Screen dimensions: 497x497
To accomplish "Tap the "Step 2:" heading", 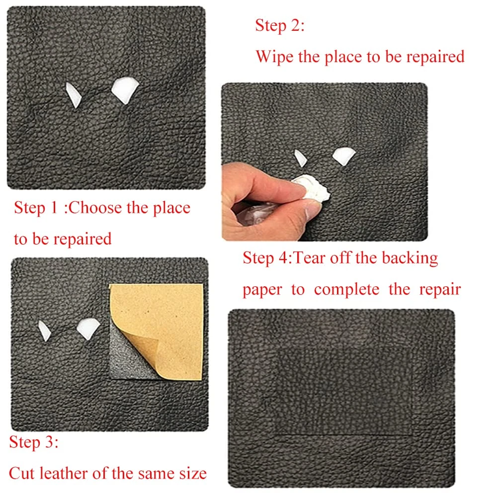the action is tap(279, 25).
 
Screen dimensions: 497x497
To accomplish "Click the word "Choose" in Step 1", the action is tap(95, 208).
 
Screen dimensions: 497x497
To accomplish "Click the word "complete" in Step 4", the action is tap(346, 289).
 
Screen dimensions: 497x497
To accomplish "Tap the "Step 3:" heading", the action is tap(34, 442).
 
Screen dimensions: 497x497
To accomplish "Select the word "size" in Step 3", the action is tap(193, 474).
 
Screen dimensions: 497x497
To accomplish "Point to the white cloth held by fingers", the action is tap(312, 188).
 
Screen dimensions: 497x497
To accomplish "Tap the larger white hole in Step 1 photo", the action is tap(125, 89).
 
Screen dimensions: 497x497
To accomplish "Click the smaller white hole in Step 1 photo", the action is tap(74, 95).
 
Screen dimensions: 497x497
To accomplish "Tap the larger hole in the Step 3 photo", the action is tap(88, 329).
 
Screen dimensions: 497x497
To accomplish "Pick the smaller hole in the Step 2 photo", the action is tap(300, 158).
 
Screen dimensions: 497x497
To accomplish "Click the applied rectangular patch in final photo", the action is tap(345, 392).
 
